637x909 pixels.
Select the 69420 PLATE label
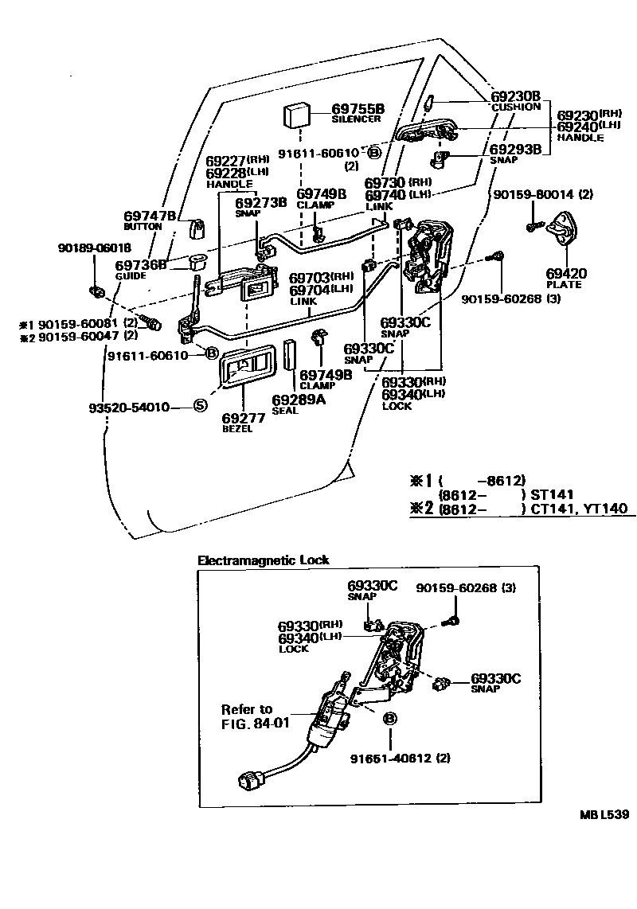pos(565,274)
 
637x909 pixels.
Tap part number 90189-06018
pos(94,248)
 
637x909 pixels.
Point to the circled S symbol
pos(201,407)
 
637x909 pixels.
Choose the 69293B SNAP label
pos(514,149)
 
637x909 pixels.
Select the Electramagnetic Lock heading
pos(263,560)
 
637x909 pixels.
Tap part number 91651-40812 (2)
pos(400,758)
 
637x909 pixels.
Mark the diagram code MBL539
pos(604,815)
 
